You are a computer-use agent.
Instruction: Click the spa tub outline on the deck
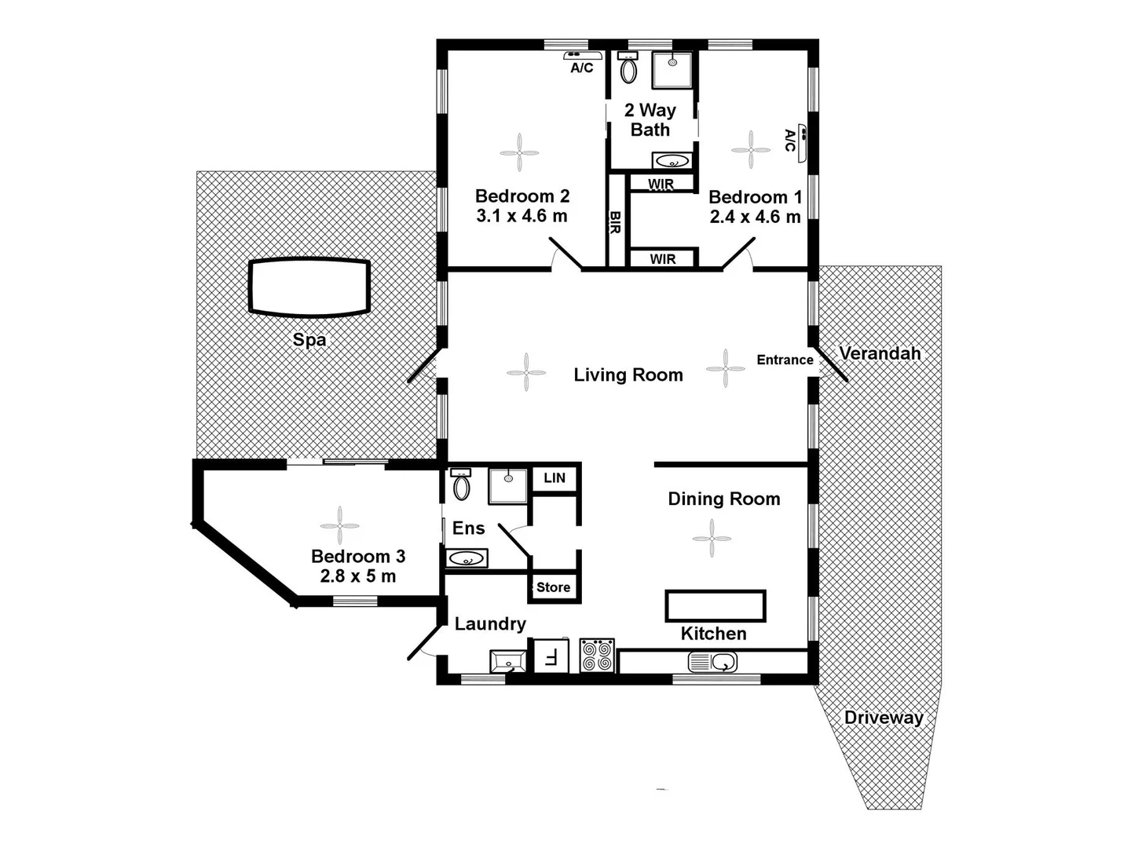pos(309,287)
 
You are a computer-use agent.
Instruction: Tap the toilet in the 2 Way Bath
pos(628,68)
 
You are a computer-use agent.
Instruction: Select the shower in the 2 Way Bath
pos(672,70)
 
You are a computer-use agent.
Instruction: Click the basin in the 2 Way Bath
pos(672,161)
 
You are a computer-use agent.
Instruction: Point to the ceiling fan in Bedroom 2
pos(519,152)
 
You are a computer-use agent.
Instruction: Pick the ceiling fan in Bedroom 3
pos(339,525)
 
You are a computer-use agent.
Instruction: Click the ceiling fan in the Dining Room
pos(712,538)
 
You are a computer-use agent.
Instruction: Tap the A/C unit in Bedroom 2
pos(583,56)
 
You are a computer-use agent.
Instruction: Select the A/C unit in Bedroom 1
pos(802,142)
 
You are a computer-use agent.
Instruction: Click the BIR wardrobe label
pos(615,221)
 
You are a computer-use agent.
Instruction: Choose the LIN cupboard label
pos(555,477)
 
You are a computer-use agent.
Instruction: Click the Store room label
pos(553,587)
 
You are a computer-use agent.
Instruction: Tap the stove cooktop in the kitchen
pos(597,656)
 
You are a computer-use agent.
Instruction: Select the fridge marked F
pos(551,656)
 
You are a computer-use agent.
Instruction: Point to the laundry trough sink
pos(507,661)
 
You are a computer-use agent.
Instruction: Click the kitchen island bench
pos(715,606)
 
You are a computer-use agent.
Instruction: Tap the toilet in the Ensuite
pos(461,485)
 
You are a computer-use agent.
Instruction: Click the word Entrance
pos(785,360)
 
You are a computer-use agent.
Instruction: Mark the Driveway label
pos(884,717)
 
